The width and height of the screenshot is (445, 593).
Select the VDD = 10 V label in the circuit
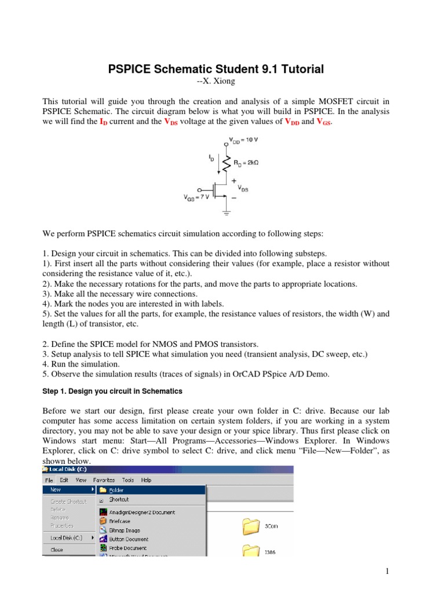point(244,141)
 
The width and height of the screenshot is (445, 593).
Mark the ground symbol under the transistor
point(227,213)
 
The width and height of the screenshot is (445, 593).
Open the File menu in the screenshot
point(49,479)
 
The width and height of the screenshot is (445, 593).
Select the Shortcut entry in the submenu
point(119,499)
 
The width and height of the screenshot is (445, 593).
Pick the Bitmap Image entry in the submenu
point(124,530)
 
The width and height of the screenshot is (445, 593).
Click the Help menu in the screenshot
point(146,479)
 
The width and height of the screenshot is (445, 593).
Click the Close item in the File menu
point(57,550)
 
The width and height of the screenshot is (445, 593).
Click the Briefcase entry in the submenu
point(120,521)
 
